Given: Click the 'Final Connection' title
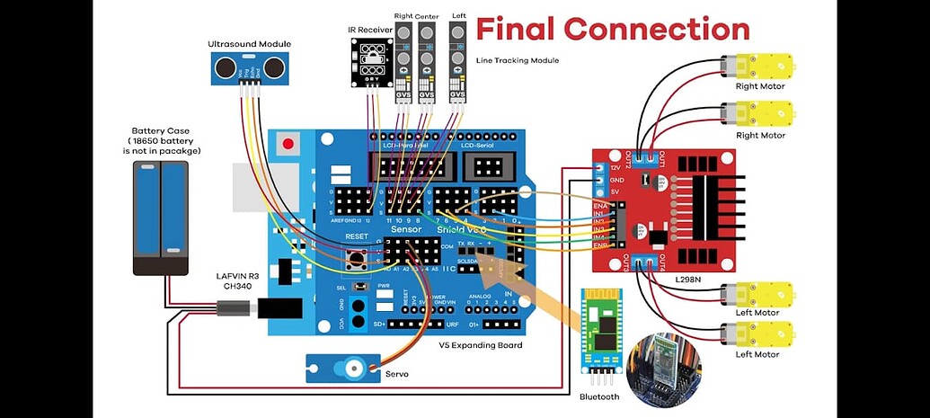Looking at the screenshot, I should click(x=612, y=29).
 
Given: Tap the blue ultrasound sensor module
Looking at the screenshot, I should click(x=241, y=67).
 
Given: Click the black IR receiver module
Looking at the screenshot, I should click(x=369, y=62).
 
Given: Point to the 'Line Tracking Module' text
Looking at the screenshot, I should click(x=517, y=60).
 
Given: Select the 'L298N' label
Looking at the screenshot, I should click(x=687, y=280).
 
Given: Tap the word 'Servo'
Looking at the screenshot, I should click(x=397, y=373).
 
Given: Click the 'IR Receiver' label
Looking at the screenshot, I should click(x=369, y=30).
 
